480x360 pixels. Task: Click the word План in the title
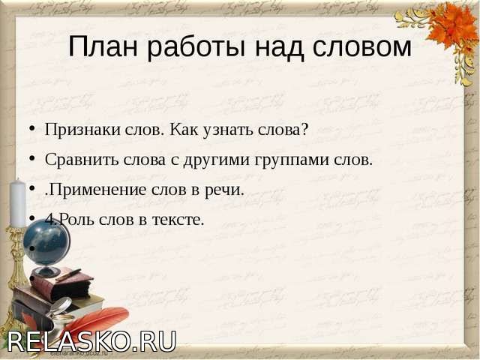tap(103, 46)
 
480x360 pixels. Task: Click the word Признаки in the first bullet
tap(82, 130)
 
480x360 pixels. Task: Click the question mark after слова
tap(304, 129)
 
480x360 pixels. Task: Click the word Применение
tap(97, 190)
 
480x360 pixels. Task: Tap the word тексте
tap(178, 220)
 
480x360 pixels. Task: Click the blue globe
tap(46, 243)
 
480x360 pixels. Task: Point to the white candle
tap(18, 202)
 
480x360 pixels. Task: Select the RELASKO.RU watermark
tap(91, 341)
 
